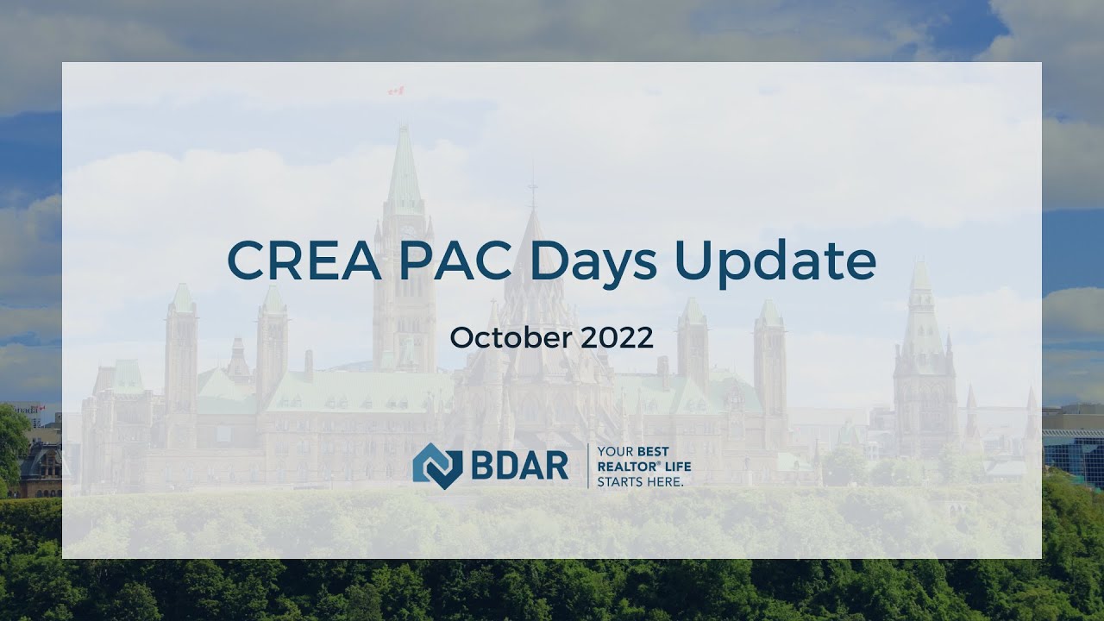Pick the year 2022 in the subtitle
617,337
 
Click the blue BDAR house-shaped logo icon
437,466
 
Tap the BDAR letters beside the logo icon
519,467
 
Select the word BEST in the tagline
653,452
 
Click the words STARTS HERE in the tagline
640,481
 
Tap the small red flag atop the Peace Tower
396,91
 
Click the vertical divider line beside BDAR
587,466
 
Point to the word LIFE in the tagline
677,467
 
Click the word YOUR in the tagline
615,452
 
